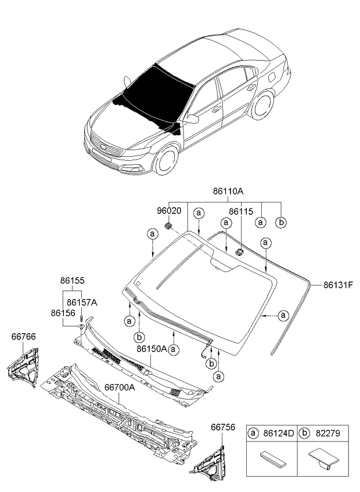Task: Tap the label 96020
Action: pos(169,212)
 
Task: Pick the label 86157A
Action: pos(81,302)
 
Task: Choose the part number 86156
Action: pos(63,313)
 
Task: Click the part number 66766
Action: pos(23,337)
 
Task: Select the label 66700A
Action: pos(120,386)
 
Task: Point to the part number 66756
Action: pos(222,428)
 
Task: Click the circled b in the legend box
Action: pos(305,432)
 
